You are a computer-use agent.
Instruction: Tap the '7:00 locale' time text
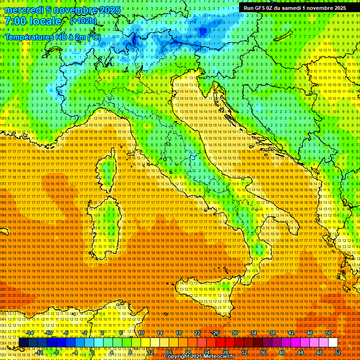tap(33, 21)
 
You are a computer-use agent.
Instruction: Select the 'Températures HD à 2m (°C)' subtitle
tap(52, 37)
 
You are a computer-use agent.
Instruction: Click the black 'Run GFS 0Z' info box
tap(294, 7)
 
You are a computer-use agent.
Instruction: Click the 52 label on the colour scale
tap(338, 352)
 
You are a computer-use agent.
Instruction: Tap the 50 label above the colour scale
tap(328, 333)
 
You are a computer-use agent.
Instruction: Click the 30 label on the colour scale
tap(235, 333)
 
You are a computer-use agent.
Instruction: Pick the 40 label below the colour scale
tap(282, 352)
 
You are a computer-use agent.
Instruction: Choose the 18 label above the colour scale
tap(179, 333)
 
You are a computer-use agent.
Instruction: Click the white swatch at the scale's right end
tap(333, 343)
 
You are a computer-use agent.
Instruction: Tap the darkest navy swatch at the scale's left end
tap(24, 343)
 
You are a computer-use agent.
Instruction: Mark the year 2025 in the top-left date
tap(109, 10)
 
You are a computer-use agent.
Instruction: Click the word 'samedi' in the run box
tap(296, 7)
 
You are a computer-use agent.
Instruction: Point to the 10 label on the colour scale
tap(141, 333)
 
